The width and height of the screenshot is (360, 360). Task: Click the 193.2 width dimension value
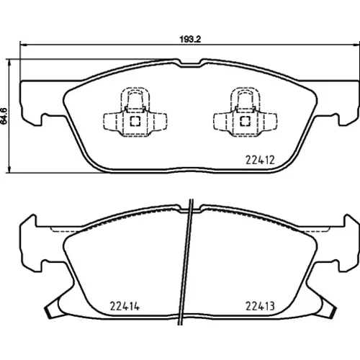[x=190, y=40]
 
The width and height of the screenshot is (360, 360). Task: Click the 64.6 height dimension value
[x=4, y=116]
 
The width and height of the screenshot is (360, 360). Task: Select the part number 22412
[x=260, y=160]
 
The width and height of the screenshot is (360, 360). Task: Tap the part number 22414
[x=125, y=306]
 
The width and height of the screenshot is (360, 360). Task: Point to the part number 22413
[x=260, y=306]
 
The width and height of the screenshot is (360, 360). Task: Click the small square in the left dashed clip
[x=135, y=121]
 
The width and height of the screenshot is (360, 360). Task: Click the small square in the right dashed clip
[x=246, y=121]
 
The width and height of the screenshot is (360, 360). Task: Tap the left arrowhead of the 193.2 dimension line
[x=23, y=45]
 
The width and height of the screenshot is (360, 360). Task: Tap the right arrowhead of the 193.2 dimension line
[x=356, y=45]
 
